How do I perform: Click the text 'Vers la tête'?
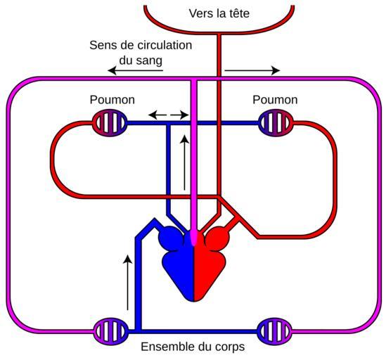coord(219,13)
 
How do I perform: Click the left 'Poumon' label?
coord(112,100)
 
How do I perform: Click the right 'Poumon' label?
coord(275,100)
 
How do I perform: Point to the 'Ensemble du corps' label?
coord(193,347)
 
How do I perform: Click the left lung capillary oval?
coord(110,122)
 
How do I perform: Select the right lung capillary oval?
coord(276,122)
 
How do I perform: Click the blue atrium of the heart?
coord(173,238)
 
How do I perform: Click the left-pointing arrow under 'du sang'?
coord(136,71)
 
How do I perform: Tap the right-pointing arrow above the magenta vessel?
coord(252,70)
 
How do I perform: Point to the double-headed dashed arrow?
coord(168,115)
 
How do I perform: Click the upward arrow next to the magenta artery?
coord(185,162)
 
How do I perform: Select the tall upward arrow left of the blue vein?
coord(127,283)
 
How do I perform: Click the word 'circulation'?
coord(165,45)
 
